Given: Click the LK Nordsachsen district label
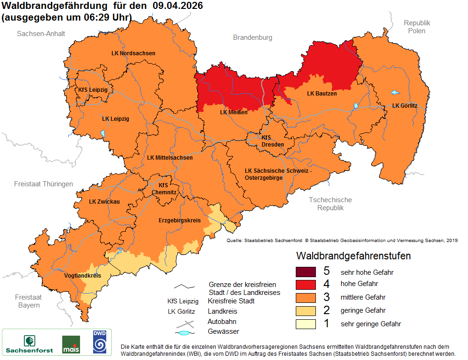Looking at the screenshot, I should pyautogui.click(x=133, y=53).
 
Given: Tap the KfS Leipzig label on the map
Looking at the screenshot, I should pyautogui.click(x=93, y=89).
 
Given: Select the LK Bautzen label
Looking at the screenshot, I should pyautogui.click(x=322, y=94).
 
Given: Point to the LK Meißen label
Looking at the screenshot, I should pyautogui.click(x=234, y=112).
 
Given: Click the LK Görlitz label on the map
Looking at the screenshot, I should pyautogui.click(x=404, y=106).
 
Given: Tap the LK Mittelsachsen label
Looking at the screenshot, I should pyautogui.click(x=169, y=158).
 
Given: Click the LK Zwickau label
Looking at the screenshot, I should pyautogui.click(x=104, y=202).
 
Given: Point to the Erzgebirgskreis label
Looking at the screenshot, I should pyautogui.click(x=179, y=220).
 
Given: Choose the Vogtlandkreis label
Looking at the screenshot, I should pyautogui.click(x=82, y=276).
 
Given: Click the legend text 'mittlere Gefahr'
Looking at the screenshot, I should pyautogui.click(x=363, y=297).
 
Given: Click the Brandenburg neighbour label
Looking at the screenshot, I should pyautogui.click(x=252, y=37).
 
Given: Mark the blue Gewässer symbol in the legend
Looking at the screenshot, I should pyautogui.click(x=185, y=332).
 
